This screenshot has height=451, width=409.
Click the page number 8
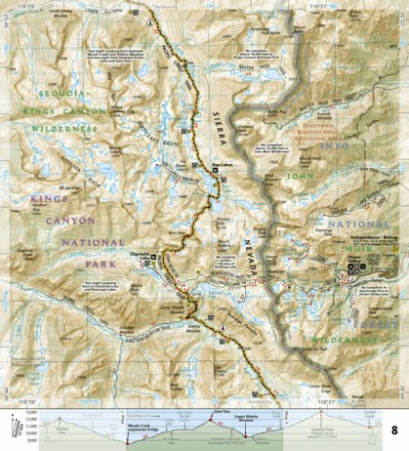(394, 430)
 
